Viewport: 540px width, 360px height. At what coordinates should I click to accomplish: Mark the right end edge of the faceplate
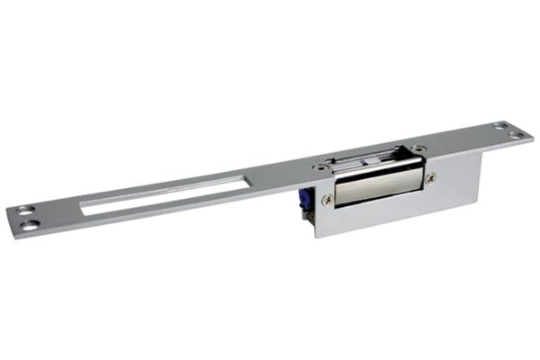(x=531, y=136)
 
